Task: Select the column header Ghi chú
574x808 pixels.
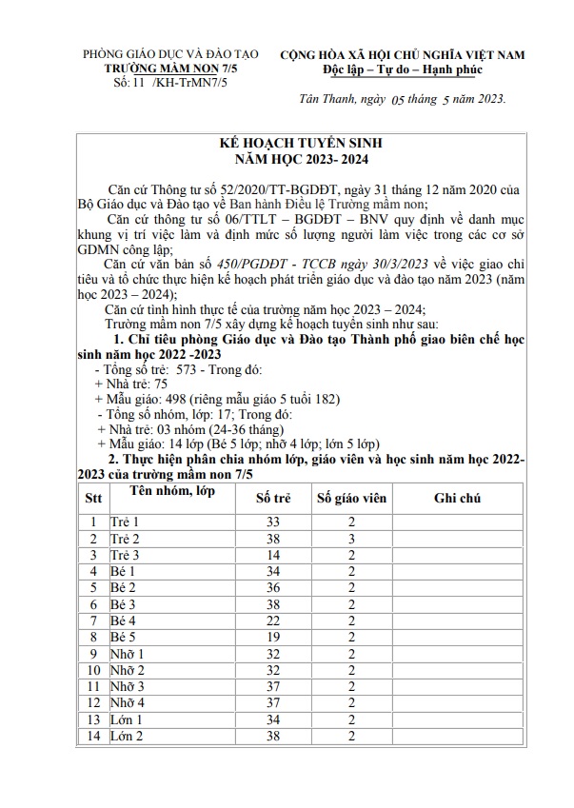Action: tap(457, 498)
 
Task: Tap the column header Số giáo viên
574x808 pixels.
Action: tap(351, 498)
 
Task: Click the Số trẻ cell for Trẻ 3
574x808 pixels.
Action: tap(274, 555)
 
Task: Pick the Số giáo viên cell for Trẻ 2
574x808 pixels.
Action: tap(351, 539)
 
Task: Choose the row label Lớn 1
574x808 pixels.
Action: tap(127, 719)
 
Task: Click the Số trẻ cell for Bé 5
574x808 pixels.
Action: tap(274, 637)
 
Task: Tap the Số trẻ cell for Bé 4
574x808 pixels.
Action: tap(274, 621)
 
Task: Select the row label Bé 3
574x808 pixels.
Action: tap(124, 604)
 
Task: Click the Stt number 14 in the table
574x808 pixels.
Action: tap(93, 736)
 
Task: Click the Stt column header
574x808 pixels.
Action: tap(93, 498)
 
